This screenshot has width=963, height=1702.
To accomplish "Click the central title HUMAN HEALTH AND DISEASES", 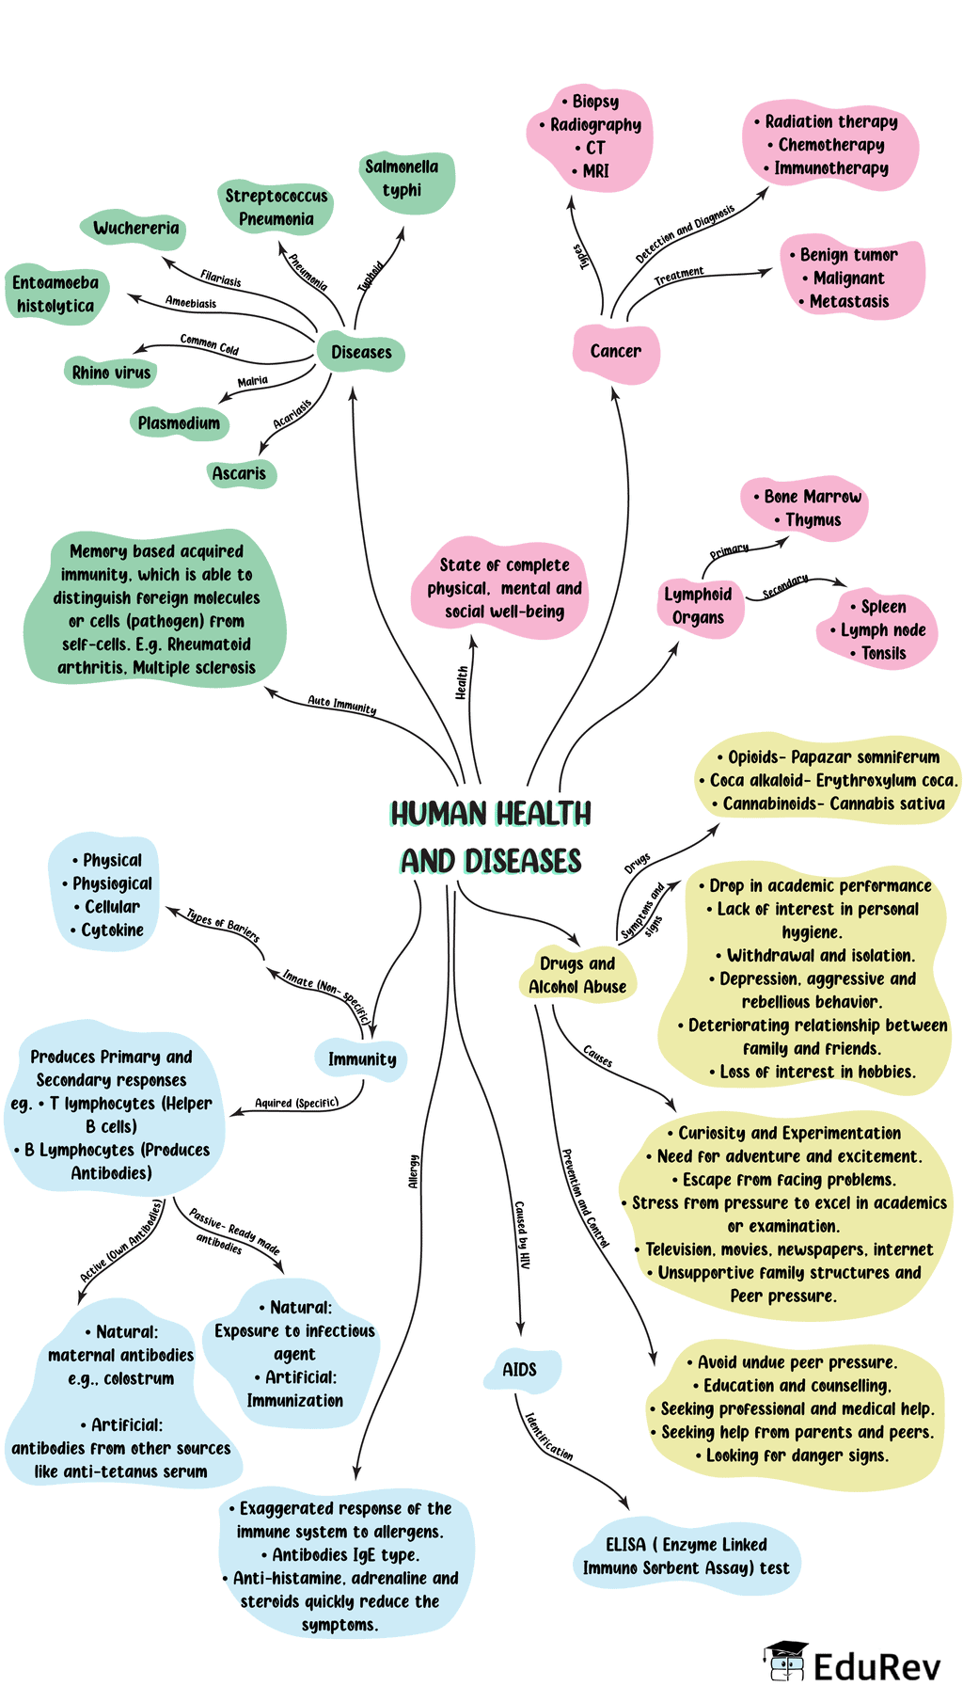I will click(491, 837).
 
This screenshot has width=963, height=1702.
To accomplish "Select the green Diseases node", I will click(361, 353).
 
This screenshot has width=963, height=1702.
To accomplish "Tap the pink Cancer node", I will click(616, 351).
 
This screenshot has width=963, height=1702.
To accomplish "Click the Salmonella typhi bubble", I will click(403, 179).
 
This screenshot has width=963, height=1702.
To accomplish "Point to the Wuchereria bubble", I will click(135, 229).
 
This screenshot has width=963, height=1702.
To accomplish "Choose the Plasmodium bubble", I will click(179, 423).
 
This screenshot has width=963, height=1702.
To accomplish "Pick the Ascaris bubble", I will click(240, 473).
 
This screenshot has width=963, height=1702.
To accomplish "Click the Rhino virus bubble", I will click(111, 373).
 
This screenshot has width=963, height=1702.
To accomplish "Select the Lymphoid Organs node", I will click(699, 606).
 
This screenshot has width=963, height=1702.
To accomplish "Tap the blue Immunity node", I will click(362, 1059).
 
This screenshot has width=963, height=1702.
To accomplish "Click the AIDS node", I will click(520, 1370).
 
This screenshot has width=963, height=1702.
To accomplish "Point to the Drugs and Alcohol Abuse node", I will click(577, 975).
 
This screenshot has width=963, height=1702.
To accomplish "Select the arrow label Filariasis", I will click(221, 278).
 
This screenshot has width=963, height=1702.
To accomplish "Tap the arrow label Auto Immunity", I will click(342, 705).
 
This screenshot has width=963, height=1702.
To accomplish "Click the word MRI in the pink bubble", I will click(596, 171).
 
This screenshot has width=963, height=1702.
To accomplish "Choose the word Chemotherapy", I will click(831, 145).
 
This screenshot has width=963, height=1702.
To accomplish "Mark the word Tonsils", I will click(883, 653).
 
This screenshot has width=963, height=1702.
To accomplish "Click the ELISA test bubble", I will click(687, 1556).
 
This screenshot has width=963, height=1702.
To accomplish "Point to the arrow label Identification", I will click(549, 1437).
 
